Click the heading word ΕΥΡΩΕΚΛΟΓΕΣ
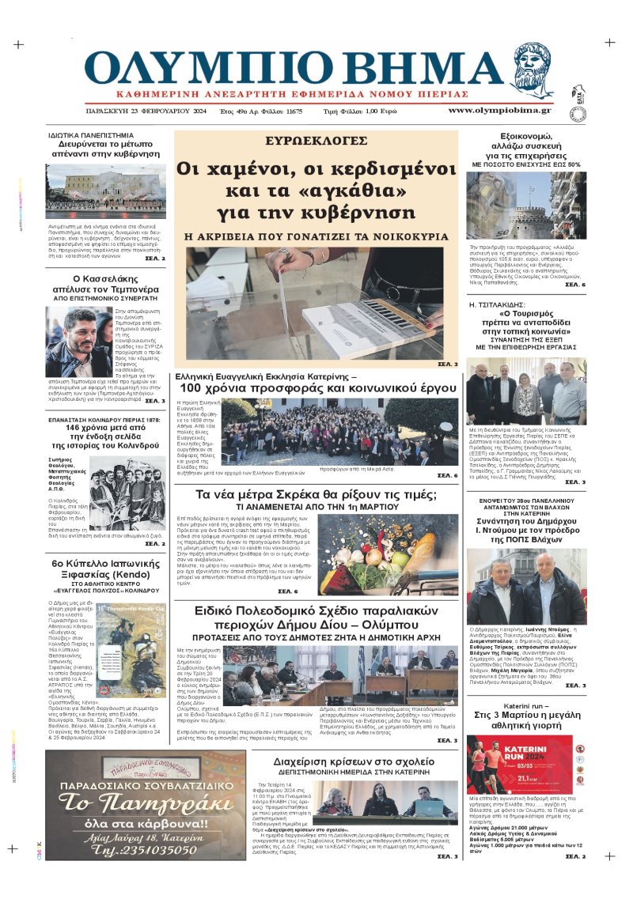[x=316, y=142]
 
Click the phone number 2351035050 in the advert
[x=146, y=849]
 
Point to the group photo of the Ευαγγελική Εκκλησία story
[x=340, y=432]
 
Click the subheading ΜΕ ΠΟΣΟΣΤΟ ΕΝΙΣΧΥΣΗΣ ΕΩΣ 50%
[x=526, y=164]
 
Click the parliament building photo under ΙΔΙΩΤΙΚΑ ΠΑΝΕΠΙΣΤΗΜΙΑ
[x=105, y=191]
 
